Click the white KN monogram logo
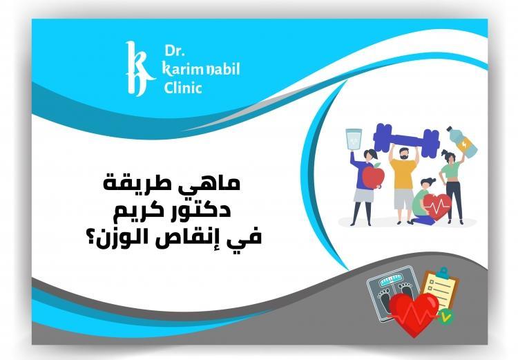pos(138,69)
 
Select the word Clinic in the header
pos(183,88)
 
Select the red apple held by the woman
pos(372,178)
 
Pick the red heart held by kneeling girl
pos(437,206)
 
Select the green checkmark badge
pos(448,318)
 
